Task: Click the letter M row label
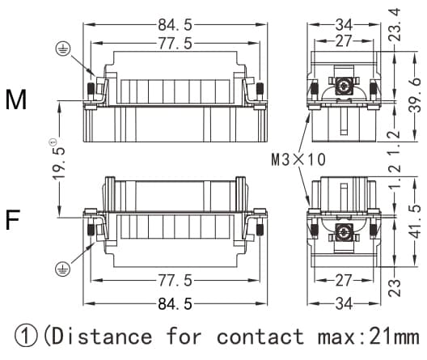click(16, 100)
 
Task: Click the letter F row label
click(13, 219)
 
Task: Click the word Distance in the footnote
click(102, 335)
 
